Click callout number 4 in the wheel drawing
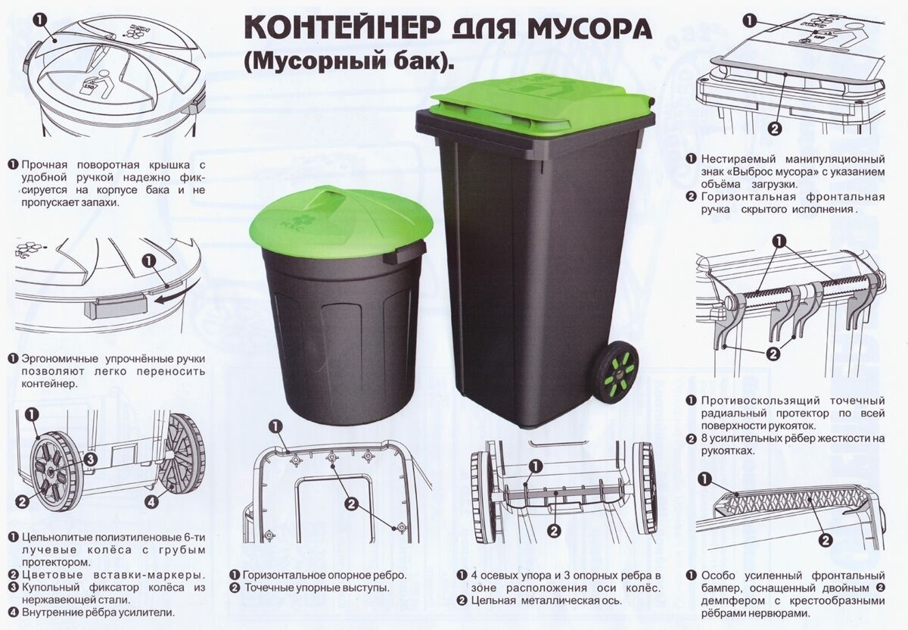click(x=151, y=502)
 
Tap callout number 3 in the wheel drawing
click(x=90, y=460)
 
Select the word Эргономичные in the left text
click(x=60, y=359)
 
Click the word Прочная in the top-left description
click(x=45, y=165)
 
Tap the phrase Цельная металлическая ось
click(x=546, y=600)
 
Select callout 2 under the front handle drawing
click(x=773, y=129)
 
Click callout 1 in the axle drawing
click(x=536, y=466)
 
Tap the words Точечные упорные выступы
click(x=316, y=588)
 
